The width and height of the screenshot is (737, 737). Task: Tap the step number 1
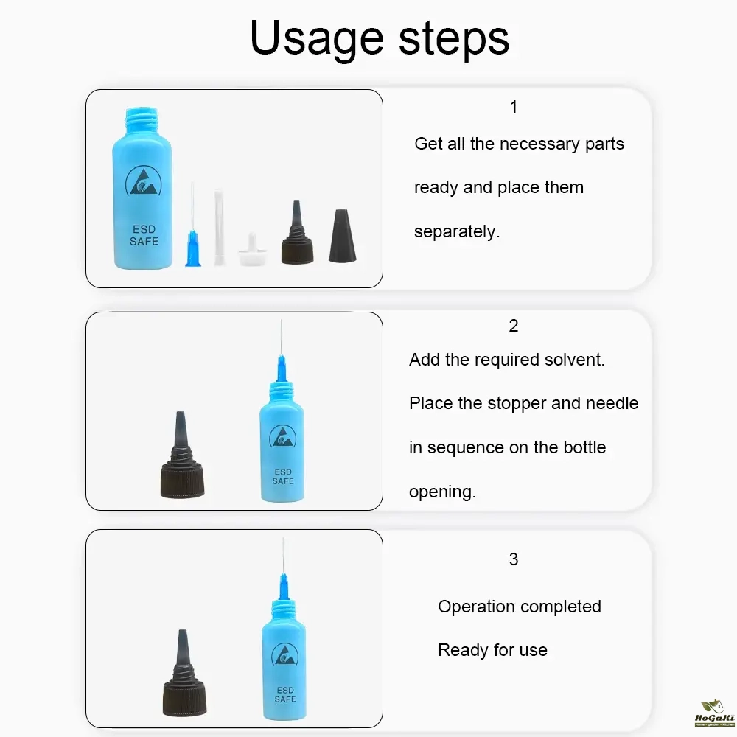[513, 107]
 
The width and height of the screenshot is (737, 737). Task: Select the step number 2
[513, 325]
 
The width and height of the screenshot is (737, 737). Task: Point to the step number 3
[513, 559]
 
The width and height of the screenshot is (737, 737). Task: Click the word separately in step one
[456, 231]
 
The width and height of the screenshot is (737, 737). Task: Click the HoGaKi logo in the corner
[714, 713]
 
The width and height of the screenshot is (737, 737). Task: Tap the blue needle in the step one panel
[192, 225]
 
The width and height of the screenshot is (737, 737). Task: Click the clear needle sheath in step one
[219, 228]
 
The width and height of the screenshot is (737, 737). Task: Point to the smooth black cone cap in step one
[342, 236]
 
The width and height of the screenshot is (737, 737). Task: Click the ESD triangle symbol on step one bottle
[144, 181]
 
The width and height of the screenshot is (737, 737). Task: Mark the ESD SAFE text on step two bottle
[283, 477]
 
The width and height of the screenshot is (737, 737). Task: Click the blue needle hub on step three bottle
[284, 587]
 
